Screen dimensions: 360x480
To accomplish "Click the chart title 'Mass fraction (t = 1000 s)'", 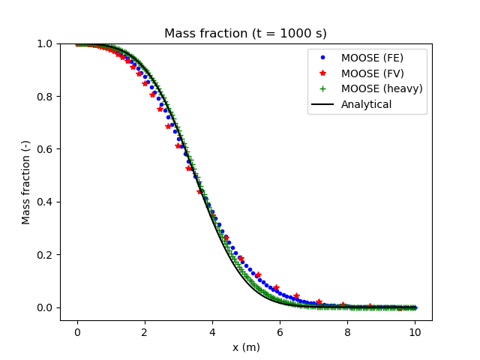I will pos(245,33).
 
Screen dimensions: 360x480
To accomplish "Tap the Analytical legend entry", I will pos(366,104).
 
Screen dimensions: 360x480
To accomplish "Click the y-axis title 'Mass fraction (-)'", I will pos(26,182).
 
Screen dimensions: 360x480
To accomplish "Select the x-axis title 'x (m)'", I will pos(246,347).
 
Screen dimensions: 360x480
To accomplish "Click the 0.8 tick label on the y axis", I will pos(44,97).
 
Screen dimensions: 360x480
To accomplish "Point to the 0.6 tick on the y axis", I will pos(44,149).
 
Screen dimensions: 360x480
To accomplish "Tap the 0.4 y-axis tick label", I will pos(44,202).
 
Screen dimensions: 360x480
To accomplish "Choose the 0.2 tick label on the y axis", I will pos(44,255).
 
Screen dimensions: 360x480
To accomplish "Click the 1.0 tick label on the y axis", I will pos(44,44).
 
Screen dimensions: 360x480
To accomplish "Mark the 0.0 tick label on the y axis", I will pos(44,307).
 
